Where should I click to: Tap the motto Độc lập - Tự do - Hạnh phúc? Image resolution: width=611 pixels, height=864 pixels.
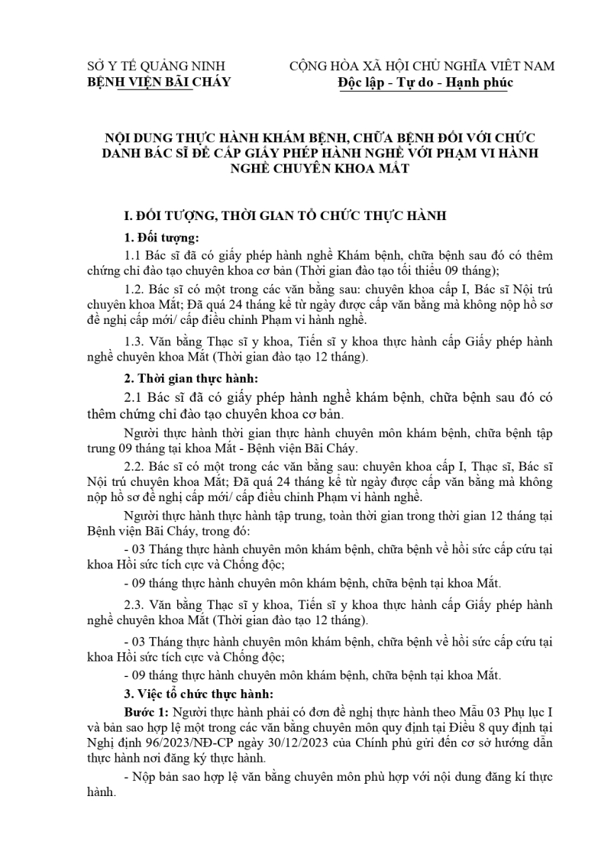[426, 82]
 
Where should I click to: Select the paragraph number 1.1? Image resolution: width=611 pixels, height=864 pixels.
[131, 255]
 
